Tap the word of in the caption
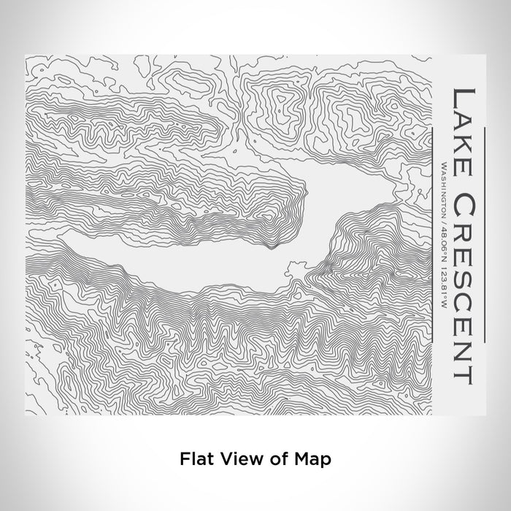point(269,459)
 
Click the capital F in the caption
point(182,459)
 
